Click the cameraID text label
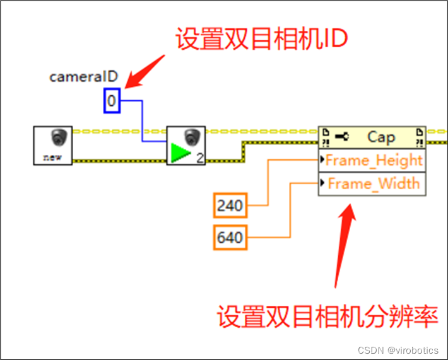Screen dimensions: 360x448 (x=84, y=77)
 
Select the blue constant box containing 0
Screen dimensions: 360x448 (x=112, y=100)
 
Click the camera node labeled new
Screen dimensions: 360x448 (x=53, y=145)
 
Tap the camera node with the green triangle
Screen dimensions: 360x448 (x=186, y=145)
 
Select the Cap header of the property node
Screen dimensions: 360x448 (x=372, y=137)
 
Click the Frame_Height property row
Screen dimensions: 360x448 (x=372, y=160)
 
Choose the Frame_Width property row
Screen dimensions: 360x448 (x=372, y=183)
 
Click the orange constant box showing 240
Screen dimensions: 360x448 (x=230, y=206)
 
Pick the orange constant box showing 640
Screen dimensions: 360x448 (x=230, y=239)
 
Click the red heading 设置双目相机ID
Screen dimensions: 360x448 (x=262, y=40)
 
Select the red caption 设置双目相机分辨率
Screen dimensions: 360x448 (x=327, y=316)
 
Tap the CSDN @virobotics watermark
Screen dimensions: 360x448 (x=401, y=349)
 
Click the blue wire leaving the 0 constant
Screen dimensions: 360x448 (x=143, y=120)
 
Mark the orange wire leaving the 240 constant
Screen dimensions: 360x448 (x=268, y=183)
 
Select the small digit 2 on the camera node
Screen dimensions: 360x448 (x=199, y=158)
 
